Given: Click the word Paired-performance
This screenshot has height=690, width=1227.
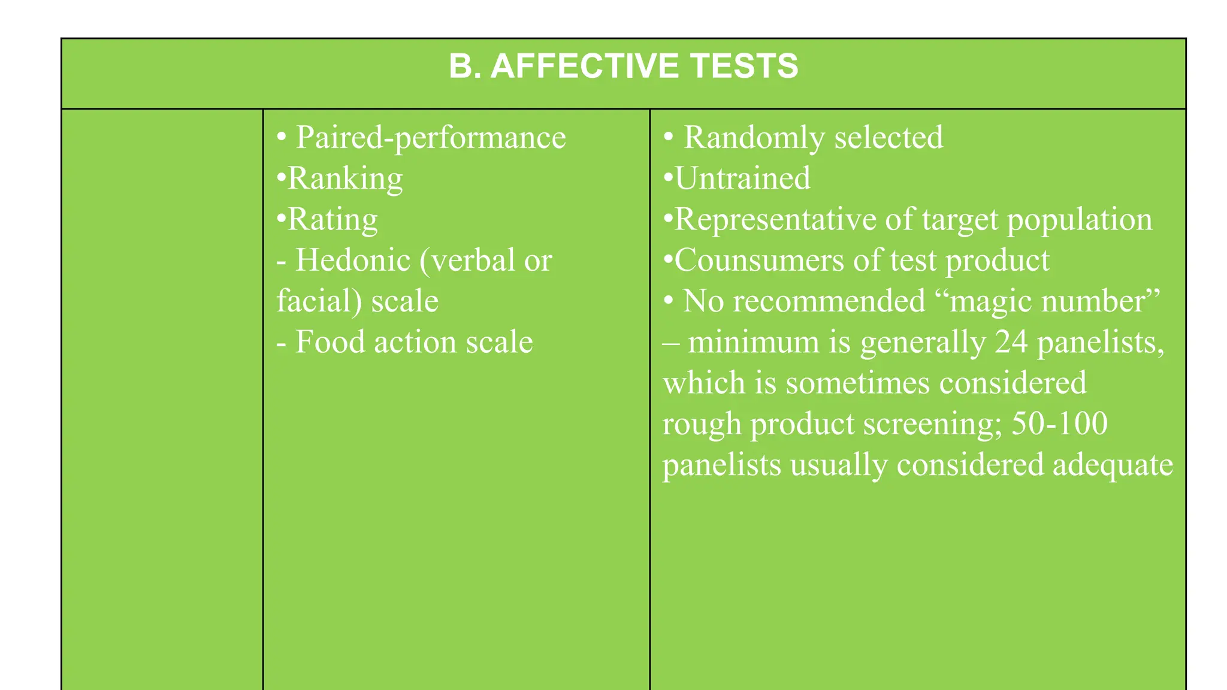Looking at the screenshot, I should [x=431, y=138].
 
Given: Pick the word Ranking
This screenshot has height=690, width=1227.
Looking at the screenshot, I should [x=345, y=178].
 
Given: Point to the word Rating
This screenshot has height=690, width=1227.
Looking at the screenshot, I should [x=333, y=220].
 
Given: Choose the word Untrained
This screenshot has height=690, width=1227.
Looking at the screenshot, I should [x=742, y=178].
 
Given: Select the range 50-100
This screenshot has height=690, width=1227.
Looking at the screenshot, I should [x=1059, y=423].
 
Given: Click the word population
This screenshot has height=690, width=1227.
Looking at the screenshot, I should [x=1079, y=220].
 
